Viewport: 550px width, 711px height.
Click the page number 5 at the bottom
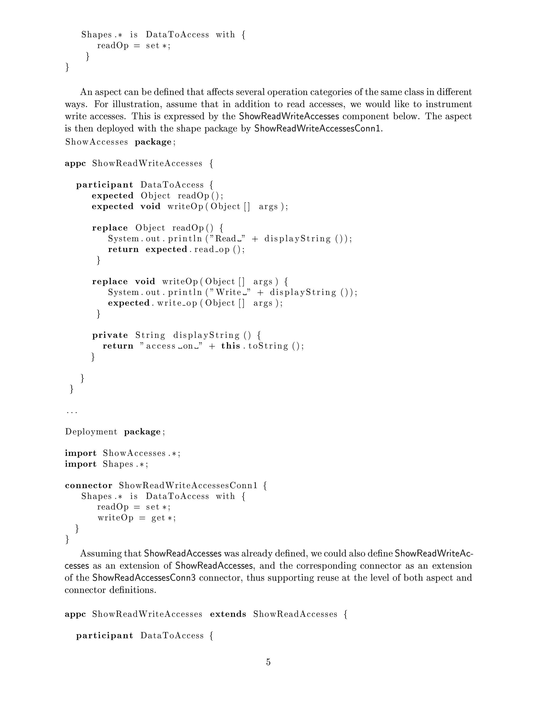tap(268, 662)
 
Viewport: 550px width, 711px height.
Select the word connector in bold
tap(88, 485)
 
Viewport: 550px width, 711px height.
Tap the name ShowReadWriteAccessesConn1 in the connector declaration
tap(188, 485)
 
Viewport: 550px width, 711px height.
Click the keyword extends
tap(228, 614)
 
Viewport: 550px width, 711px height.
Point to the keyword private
tap(110, 335)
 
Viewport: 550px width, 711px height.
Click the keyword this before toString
tap(231, 346)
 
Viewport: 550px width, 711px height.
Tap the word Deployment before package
tap(91, 432)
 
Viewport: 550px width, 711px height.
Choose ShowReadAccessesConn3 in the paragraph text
tap(144, 578)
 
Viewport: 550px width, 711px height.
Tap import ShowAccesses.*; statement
tap(122, 453)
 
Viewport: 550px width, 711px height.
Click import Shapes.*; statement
tap(106, 464)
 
